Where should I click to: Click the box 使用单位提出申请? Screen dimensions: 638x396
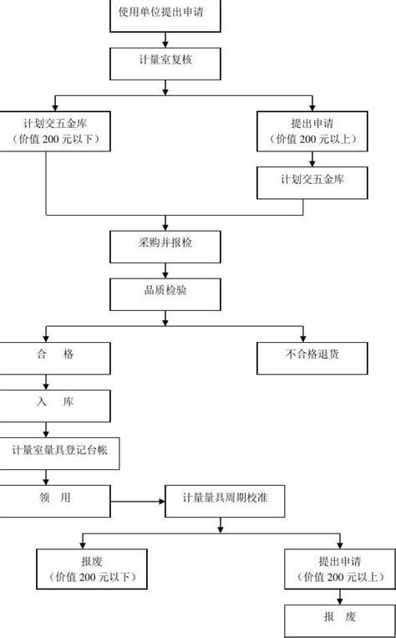[x=167, y=14]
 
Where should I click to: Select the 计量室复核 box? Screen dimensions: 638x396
[x=167, y=61]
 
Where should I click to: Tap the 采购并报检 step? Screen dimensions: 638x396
[x=167, y=244]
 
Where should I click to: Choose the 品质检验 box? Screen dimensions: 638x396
[x=167, y=292]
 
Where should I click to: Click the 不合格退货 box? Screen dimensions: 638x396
[x=312, y=355]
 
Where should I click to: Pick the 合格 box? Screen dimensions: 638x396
[x=55, y=355]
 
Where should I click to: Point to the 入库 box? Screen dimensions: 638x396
[x=55, y=403]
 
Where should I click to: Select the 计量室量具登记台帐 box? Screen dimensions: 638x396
[x=60, y=451]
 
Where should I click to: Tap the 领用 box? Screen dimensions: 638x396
[x=55, y=498]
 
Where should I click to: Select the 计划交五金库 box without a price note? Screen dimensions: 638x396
[x=312, y=179]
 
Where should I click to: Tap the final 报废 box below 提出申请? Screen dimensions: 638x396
[x=339, y=618]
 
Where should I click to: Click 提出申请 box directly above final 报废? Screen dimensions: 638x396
[x=339, y=569]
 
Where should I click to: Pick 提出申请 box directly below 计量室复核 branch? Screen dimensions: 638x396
[x=312, y=130]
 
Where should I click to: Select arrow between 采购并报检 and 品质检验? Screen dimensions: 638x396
[x=167, y=268]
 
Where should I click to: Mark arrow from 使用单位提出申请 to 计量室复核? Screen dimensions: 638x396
[x=167, y=38]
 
